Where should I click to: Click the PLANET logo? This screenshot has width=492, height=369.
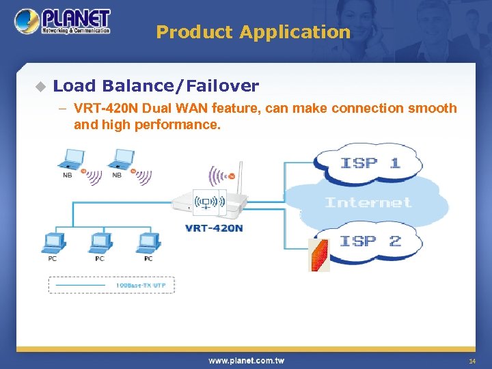pos(63,21)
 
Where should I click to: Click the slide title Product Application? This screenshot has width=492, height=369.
pos(253,32)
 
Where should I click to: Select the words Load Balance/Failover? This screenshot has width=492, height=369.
pos(156,86)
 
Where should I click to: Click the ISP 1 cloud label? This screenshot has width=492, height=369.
pos(370,163)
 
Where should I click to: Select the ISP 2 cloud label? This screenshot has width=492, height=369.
pos(370,241)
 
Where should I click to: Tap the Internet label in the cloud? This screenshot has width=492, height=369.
pos(368,202)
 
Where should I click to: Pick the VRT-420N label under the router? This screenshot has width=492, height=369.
pos(214,228)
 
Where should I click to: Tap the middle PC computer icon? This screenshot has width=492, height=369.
pos(100,243)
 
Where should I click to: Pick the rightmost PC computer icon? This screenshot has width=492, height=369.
pos(148,243)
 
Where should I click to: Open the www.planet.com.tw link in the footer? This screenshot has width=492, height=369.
pos(246,360)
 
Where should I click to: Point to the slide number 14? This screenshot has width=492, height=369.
pos(471,361)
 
